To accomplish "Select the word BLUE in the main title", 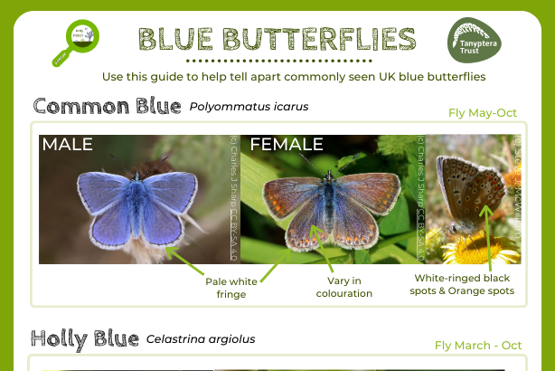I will click(x=176, y=39).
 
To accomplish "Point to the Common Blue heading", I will click(x=107, y=106).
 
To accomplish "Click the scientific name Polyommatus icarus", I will click(x=249, y=107).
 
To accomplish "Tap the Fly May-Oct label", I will click(x=483, y=113).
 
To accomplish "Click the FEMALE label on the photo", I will click(x=287, y=144).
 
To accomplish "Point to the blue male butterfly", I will click(x=131, y=204).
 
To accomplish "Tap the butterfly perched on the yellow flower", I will click(x=468, y=190).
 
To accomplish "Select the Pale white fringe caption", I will click(x=230, y=287).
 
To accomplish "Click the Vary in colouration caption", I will click(x=343, y=287).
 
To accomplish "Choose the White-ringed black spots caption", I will click(x=465, y=284).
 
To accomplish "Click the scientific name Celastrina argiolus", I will click(x=201, y=339).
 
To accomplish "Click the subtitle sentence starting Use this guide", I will click(x=294, y=77).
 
